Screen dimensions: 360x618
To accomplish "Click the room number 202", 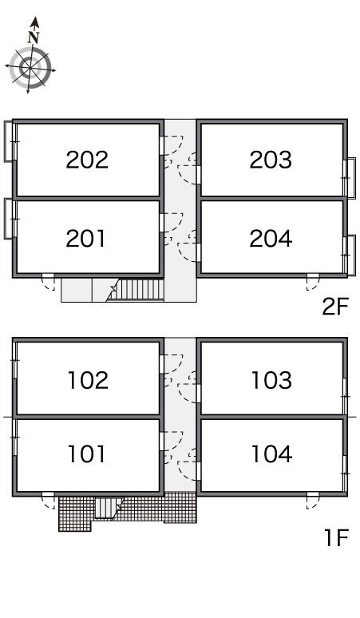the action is click(x=87, y=160).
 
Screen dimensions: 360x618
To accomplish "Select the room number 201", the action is click(x=86, y=239).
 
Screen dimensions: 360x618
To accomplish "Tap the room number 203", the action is click(x=271, y=160).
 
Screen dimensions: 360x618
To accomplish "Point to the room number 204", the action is click(x=271, y=239).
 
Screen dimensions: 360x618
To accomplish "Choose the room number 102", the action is click(x=88, y=380).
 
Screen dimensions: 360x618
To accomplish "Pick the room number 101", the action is click(x=87, y=454).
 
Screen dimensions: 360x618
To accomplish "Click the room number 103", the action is click(x=271, y=380).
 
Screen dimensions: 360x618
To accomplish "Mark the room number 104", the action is click(x=271, y=454).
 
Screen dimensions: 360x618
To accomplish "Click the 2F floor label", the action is click(x=335, y=307).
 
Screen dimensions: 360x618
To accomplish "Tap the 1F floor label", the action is click(x=337, y=537).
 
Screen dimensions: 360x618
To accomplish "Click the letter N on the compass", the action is click(x=34, y=38).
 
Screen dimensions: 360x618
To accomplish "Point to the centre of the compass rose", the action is click(x=30, y=68).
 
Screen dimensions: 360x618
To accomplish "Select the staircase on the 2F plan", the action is click(x=136, y=290).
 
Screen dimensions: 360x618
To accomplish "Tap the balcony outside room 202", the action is click(x=10, y=141).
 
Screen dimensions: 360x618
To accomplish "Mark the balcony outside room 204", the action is click(x=350, y=256).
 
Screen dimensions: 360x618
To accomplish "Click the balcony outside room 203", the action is click(x=350, y=178).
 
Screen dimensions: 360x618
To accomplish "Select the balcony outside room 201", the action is click(x=10, y=218).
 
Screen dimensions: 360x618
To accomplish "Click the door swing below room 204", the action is click(x=313, y=283).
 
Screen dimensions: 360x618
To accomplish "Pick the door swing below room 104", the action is click(x=313, y=501).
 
